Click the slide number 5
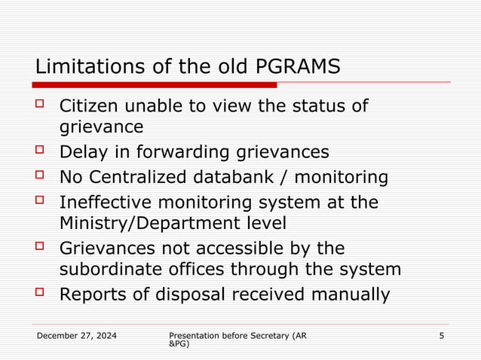pyautogui.click(x=441, y=334)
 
